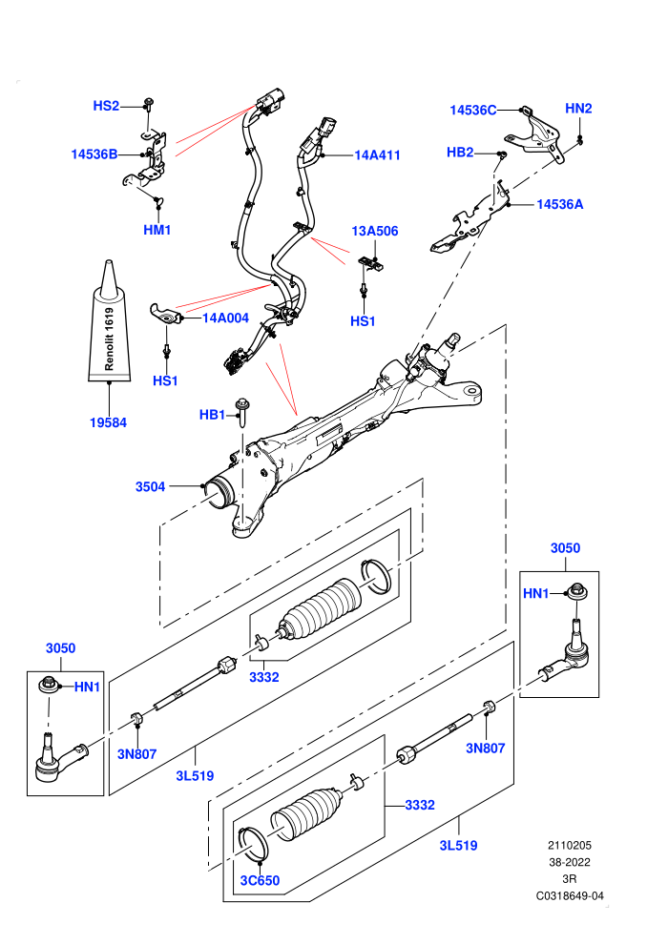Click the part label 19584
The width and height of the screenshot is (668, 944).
109,422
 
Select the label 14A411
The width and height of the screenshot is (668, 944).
377,154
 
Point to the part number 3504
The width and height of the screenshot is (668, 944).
150,486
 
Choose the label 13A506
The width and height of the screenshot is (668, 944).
375,231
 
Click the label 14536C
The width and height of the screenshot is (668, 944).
473,110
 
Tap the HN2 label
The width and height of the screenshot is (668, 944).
578,109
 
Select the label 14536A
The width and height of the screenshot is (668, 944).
559,204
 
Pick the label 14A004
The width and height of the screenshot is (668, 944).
225,318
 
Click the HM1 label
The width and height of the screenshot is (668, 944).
157,230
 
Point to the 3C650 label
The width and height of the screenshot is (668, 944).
261,880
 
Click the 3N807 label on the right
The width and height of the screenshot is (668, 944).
486,748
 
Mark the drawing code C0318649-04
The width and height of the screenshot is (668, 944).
570,895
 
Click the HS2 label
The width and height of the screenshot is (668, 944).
106,106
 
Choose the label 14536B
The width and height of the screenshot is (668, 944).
94,154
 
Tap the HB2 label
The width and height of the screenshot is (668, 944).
460,153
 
